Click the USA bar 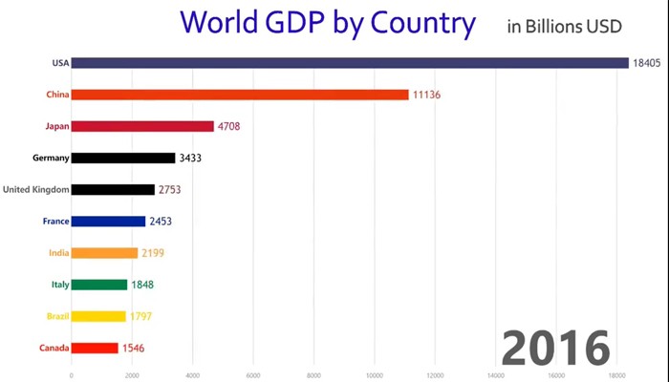tap(349, 63)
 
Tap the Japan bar tap(142, 126)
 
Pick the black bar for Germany tap(123, 158)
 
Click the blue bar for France tap(108, 221)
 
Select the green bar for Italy tap(99, 285)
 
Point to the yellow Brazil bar tap(98, 316)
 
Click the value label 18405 tap(644, 63)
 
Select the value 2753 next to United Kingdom tap(172, 189)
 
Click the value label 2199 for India tap(156, 253)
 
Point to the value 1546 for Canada tap(136, 348)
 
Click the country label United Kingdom tap(36, 189)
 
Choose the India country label tap(58, 253)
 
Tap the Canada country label tap(54, 348)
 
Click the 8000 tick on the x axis tap(313, 375)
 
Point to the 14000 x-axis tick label tap(495, 375)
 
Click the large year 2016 tap(555, 347)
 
